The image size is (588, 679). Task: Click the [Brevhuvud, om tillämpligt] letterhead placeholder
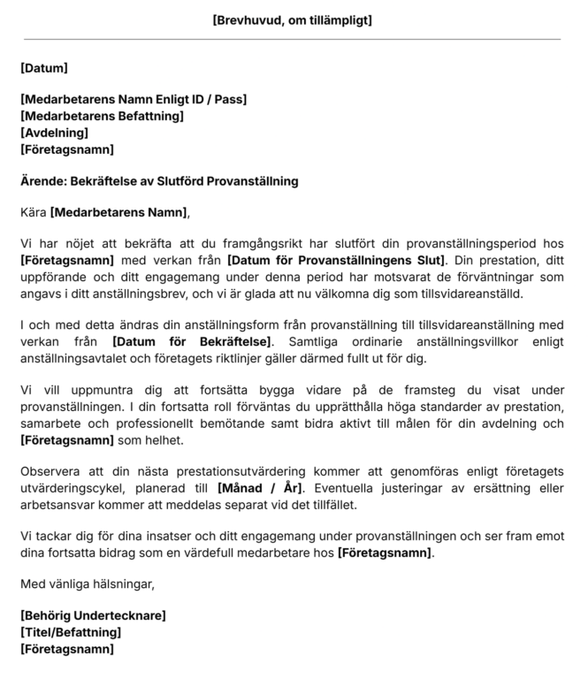(x=293, y=20)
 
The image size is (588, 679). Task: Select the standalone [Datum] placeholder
(x=44, y=68)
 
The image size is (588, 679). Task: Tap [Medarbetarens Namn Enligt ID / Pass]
(x=134, y=100)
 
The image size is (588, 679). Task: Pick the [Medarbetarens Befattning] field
(x=102, y=116)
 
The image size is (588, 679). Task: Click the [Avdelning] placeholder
(x=54, y=133)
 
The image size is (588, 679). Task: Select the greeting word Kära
(x=33, y=212)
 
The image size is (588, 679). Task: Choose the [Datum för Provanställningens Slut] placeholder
(x=337, y=260)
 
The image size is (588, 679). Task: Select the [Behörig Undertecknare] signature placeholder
(x=93, y=615)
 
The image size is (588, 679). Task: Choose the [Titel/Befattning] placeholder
(x=71, y=632)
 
